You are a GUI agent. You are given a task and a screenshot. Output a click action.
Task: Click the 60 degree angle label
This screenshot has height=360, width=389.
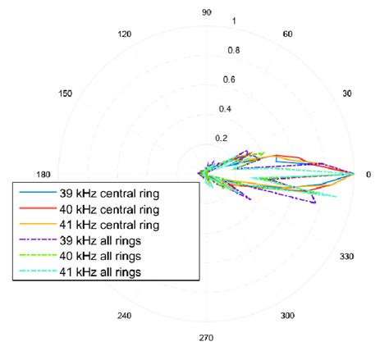tap(288, 34)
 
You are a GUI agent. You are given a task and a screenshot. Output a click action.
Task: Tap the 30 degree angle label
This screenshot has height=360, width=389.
tap(347, 93)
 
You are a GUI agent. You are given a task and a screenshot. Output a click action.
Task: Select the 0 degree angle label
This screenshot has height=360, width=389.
tap(368, 174)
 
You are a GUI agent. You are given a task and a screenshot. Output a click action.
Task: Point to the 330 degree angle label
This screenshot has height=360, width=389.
tap(347, 257)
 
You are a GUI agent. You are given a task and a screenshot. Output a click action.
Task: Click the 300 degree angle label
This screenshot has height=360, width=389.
tap(288, 316)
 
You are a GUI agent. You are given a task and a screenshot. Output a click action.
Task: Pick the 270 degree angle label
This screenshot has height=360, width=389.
tap(207, 338)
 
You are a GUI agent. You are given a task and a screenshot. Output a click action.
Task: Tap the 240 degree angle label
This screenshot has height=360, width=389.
tap(125, 316)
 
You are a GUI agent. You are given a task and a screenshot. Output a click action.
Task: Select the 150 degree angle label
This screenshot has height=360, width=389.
tap(66, 93)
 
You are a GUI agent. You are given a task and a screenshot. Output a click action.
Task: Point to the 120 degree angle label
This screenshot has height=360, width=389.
tap(125, 34)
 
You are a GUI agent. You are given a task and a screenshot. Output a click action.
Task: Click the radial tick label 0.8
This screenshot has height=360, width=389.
tap(234, 50)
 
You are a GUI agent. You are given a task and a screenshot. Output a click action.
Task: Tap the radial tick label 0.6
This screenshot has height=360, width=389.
tap(229, 80)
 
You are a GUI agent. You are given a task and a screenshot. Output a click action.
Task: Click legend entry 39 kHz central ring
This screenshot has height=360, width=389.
tap(109, 194)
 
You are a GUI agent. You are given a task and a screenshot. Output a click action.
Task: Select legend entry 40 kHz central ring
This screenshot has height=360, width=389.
tap(109, 209)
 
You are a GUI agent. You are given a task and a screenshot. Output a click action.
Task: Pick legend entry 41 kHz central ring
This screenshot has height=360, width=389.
tap(109, 225)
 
